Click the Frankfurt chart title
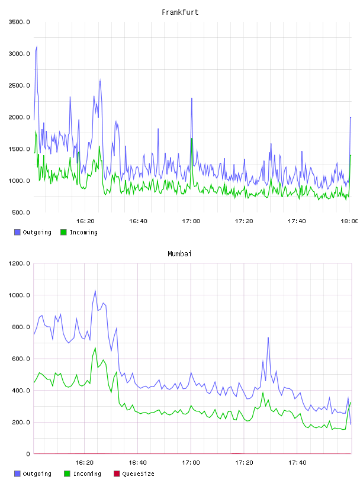coord(180,12)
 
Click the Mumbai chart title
coord(179,254)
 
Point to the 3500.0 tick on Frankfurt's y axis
coord(19,22)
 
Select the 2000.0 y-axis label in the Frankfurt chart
coord(19,117)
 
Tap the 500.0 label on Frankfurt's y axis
coord(21,212)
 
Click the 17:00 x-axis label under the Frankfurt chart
coord(191,221)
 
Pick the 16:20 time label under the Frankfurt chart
coord(85,221)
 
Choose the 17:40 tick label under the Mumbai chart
coord(297,463)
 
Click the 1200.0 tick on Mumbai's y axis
coord(19,263)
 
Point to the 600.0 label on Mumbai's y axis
coord(21,359)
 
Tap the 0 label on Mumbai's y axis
coord(28,454)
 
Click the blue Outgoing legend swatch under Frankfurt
coord(17,232)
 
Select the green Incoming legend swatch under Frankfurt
coord(63,232)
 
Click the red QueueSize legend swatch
coord(117,474)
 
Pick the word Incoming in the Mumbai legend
coord(87,474)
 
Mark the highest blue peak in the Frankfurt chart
coord(37,46)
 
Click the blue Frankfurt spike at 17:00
coord(192,98)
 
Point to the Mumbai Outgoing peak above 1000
coord(95,291)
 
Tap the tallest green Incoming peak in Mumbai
coord(95,348)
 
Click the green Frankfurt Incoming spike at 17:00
coord(192,139)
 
